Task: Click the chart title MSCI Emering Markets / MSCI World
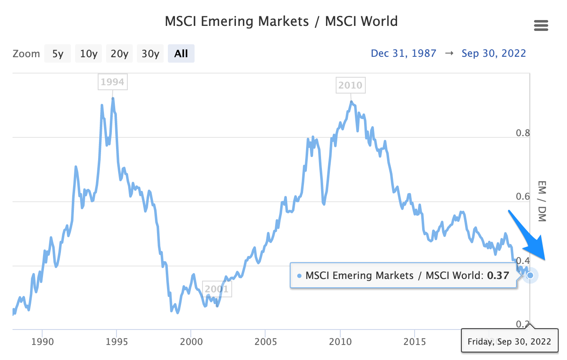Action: click(281, 21)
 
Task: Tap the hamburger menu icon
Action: click(541, 26)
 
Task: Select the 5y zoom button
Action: click(58, 53)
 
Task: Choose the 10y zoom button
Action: click(89, 53)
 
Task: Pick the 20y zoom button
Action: click(119, 53)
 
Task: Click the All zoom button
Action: click(181, 53)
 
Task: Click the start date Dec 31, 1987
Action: click(403, 53)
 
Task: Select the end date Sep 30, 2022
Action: click(494, 53)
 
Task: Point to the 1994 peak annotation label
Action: click(113, 82)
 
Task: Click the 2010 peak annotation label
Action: click(350, 85)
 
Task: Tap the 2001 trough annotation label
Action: click(217, 288)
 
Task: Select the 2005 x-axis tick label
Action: click(265, 342)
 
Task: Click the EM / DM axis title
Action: click(542, 201)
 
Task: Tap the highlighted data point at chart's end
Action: click(530, 275)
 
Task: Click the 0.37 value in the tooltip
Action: click(499, 276)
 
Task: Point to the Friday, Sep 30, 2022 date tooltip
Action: click(509, 342)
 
